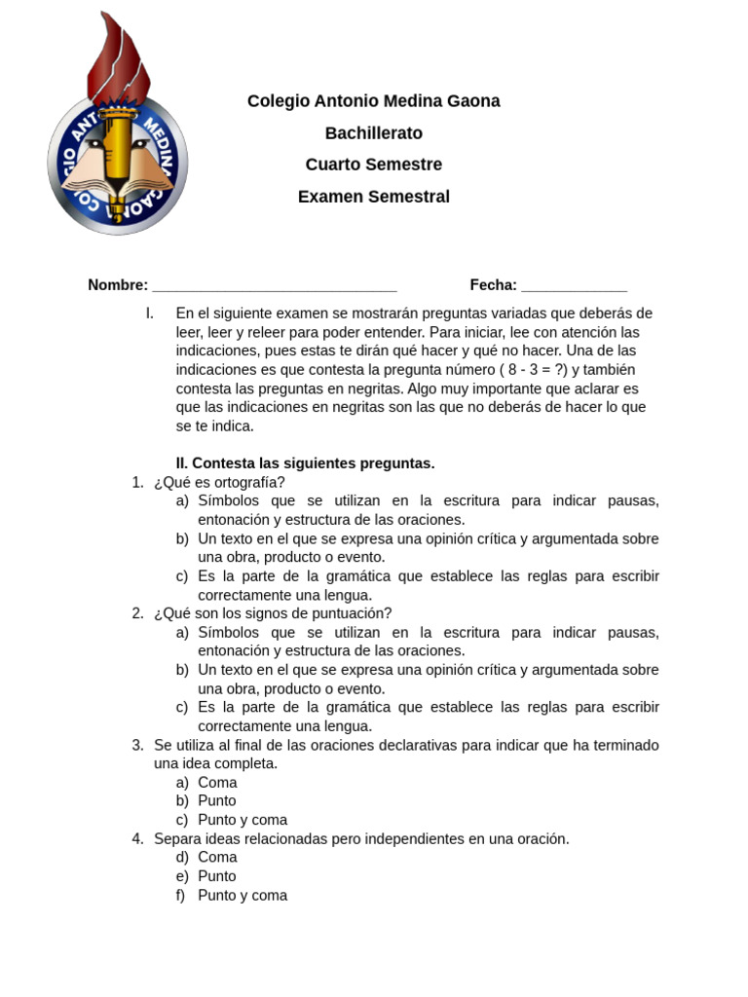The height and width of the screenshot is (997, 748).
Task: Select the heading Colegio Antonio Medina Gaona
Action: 373,101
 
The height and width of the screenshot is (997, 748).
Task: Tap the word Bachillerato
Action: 373,133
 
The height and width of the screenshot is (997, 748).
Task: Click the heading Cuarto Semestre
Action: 373,165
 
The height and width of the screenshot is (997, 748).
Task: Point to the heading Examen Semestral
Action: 373,197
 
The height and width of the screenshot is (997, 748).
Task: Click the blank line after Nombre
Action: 275,287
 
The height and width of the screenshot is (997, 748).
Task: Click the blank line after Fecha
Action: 574,287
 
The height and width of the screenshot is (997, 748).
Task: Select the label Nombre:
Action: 118,285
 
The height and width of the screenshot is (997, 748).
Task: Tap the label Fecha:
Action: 493,285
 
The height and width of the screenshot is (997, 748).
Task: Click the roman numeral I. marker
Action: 149,314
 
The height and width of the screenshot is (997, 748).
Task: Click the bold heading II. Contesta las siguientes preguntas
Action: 305,463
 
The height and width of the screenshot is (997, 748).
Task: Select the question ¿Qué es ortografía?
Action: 219,483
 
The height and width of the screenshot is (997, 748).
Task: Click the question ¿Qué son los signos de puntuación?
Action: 273,613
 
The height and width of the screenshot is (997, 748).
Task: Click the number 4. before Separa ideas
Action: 137,839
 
